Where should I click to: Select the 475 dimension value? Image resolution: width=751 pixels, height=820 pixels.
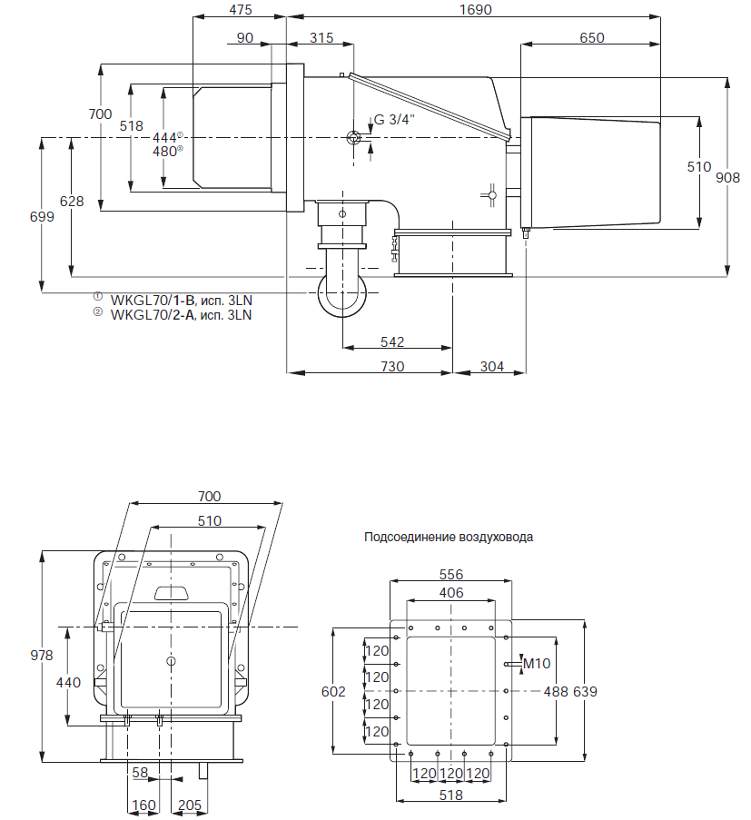(240, 10)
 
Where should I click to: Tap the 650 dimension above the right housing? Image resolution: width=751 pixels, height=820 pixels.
(590, 37)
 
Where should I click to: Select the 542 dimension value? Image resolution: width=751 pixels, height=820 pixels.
(392, 342)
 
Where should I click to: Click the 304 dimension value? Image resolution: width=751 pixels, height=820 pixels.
(490, 366)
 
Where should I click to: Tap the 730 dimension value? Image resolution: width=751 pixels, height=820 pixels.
(392, 366)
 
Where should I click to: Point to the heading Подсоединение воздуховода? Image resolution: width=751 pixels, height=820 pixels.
(449, 537)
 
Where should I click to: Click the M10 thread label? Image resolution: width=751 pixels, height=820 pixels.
(539, 664)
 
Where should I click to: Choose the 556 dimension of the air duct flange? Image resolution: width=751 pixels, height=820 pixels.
(451, 575)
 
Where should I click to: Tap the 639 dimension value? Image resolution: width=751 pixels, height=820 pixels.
(585, 691)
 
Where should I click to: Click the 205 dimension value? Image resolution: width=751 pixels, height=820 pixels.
(190, 805)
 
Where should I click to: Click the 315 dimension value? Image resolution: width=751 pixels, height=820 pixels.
(321, 37)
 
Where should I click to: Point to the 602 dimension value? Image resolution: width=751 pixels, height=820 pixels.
(334, 691)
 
